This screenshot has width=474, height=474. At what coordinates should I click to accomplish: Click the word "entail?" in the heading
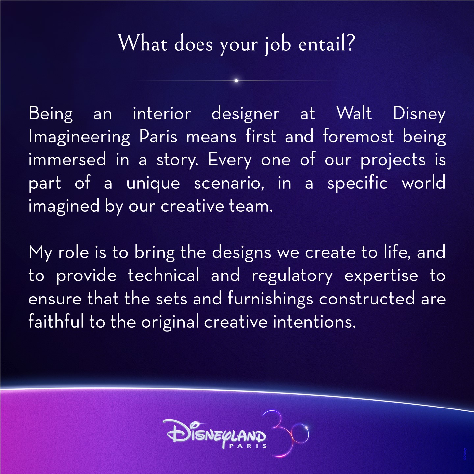tap(327, 43)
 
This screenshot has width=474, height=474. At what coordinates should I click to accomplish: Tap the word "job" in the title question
tap(278, 45)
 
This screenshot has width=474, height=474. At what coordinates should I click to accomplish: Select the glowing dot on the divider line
tap(236, 81)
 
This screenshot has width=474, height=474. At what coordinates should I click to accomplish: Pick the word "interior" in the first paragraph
tap(162, 114)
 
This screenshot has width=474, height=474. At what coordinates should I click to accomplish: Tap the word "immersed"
tap(67, 159)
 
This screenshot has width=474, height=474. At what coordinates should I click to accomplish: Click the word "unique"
tap(153, 183)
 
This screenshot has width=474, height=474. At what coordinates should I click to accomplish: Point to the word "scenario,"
tap(229, 183)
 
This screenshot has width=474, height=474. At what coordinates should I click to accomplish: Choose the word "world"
tap(424, 182)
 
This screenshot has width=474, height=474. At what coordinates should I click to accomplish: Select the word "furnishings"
tap(270, 300)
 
